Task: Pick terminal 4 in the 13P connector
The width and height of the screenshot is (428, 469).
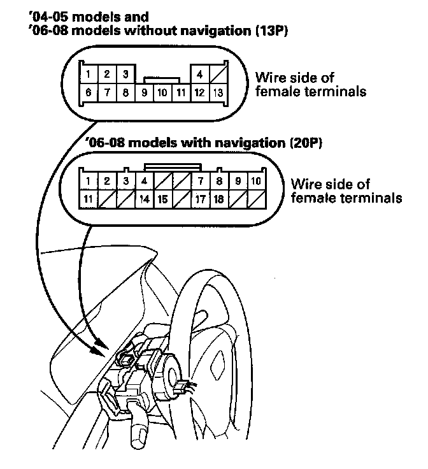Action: tap(200, 75)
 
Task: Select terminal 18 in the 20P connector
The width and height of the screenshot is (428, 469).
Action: tap(218, 199)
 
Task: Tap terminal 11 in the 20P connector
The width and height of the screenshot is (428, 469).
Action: tap(89, 199)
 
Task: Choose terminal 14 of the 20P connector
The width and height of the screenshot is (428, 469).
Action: tap(145, 199)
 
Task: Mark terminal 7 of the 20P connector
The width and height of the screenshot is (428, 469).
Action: tap(200, 181)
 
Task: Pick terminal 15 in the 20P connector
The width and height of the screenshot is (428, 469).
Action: tap(163, 199)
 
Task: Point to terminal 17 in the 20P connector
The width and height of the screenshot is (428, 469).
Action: tap(200, 199)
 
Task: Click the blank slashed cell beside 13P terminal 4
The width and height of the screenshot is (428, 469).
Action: tap(218, 75)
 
